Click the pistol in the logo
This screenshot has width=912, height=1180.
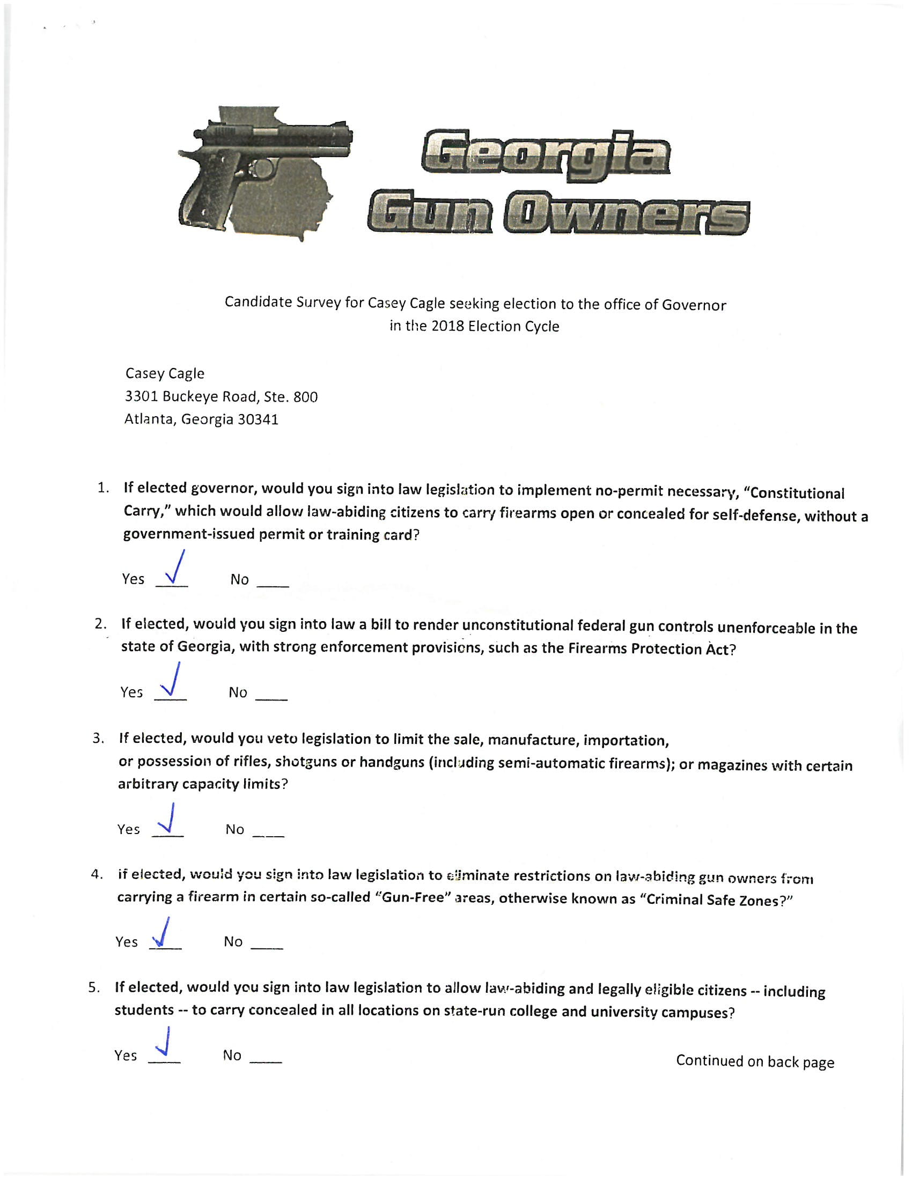point(254,162)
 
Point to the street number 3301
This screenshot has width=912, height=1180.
point(141,396)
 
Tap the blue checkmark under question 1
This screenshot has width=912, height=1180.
point(174,569)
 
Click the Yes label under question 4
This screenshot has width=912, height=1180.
point(127,942)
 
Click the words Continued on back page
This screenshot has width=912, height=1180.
point(755,1061)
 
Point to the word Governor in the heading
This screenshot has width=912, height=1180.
point(694,305)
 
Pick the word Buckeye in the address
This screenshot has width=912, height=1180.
point(189,396)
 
